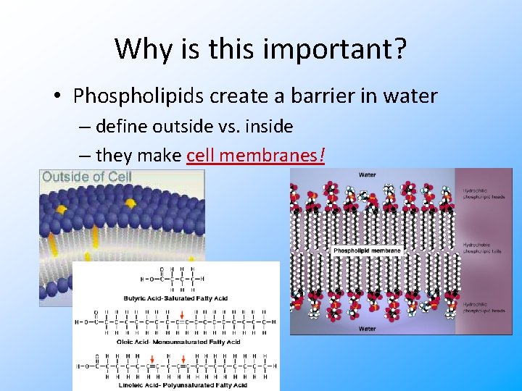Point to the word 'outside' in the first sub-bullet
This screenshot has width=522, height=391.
[x=194, y=127]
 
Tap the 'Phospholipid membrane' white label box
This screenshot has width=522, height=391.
[x=368, y=251]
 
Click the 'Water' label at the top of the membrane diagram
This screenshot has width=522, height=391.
[x=367, y=175]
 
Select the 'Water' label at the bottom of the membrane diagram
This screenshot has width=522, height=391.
[x=367, y=329]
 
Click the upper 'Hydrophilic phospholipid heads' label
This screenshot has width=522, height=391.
[x=482, y=193]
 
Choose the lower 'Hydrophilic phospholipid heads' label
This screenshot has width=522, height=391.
[x=482, y=308]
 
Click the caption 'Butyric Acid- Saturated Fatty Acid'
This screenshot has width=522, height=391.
[x=175, y=298]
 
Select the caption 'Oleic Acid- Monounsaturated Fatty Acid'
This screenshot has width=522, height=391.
[x=178, y=342]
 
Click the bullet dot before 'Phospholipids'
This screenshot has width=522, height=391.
[x=60, y=96]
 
